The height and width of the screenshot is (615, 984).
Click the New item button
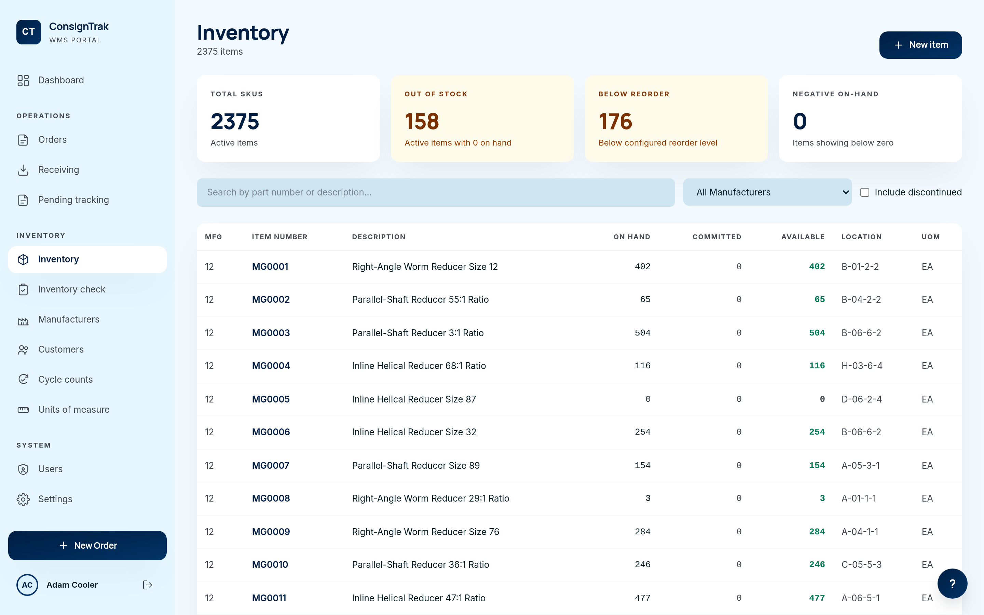pyautogui.click(x=920, y=45)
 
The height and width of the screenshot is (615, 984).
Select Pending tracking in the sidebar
pyautogui.click(x=73, y=200)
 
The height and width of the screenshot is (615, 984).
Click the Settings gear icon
pyautogui.click(x=23, y=499)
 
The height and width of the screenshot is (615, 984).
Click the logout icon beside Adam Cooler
pyautogui.click(x=148, y=585)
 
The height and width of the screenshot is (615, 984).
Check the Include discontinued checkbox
pyautogui.click(x=865, y=192)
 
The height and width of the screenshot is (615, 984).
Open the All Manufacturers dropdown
pyautogui.click(x=767, y=192)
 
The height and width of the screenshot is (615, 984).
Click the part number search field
pyautogui.click(x=436, y=192)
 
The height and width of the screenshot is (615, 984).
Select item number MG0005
pyautogui.click(x=271, y=399)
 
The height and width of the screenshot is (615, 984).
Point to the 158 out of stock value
pyautogui.click(x=422, y=121)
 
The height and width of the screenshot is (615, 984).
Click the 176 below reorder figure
pyautogui.click(x=615, y=121)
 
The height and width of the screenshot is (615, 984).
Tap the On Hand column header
pyautogui.click(x=631, y=237)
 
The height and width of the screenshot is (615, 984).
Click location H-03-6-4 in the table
pyautogui.click(x=862, y=366)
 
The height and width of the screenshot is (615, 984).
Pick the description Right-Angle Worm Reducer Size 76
pyautogui.click(x=425, y=532)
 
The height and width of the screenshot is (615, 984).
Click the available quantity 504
pyautogui.click(x=817, y=333)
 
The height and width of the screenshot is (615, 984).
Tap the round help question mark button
pyautogui.click(x=952, y=584)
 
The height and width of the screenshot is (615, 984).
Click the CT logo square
pyautogui.click(x=28, y=32)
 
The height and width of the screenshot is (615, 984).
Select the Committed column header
pyautogui.click(x=716, y=237)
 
